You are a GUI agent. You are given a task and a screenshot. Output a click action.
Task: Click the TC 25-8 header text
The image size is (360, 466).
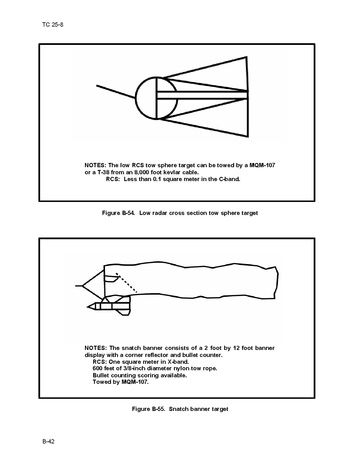53,25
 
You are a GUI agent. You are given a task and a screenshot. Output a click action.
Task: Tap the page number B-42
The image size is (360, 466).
48,441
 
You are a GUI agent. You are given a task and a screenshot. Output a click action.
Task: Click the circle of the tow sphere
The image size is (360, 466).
136,98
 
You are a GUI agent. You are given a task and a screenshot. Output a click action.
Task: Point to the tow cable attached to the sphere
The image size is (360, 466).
116,92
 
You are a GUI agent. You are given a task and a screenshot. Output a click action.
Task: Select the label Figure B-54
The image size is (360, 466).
118,213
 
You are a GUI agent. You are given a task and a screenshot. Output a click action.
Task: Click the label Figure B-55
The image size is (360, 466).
148,409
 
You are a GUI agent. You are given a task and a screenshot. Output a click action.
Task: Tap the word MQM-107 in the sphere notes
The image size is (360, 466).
262,165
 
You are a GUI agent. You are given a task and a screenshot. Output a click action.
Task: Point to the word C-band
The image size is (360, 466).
230,179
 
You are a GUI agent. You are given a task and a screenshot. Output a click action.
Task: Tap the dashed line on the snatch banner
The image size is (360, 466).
126,283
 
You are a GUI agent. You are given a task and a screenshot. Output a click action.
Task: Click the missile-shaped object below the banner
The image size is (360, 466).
109,306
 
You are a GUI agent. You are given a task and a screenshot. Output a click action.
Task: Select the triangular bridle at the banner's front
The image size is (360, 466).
93,285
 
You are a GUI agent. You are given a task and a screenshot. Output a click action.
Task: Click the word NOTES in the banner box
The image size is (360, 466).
96,348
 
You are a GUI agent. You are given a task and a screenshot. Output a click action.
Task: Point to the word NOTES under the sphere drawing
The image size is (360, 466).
95,165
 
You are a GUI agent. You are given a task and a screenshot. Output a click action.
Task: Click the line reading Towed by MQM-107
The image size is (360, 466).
121,382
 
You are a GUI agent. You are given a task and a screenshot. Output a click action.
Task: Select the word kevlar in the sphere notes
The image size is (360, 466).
172,172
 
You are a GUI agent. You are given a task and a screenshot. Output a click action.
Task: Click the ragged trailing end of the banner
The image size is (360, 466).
276,283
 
